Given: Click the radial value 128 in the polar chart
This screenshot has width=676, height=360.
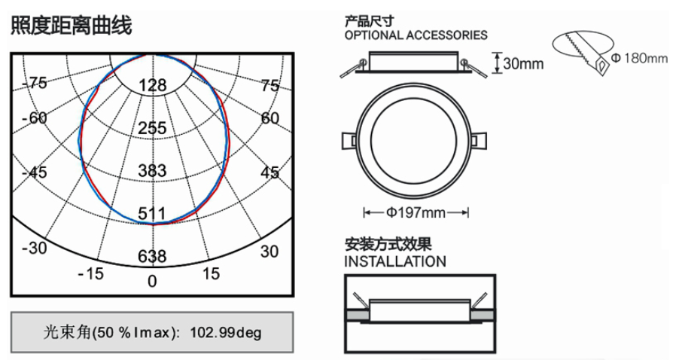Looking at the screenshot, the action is point(153,85).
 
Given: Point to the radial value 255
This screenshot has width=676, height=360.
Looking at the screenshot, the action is point(152,128).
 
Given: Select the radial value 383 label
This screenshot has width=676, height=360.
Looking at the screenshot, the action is point(152,171).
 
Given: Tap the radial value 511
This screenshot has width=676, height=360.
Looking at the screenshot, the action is point(152,213).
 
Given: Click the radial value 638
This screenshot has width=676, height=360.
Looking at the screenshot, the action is point(152,257).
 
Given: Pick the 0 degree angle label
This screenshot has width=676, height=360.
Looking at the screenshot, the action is point(152,282).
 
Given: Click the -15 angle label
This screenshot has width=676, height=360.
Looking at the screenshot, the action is point(91,273).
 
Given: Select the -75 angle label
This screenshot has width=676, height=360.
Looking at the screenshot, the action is point(35,82).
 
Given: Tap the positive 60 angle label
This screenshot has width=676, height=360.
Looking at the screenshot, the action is point(270,117).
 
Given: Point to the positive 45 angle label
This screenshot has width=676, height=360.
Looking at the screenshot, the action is point(270,172).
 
